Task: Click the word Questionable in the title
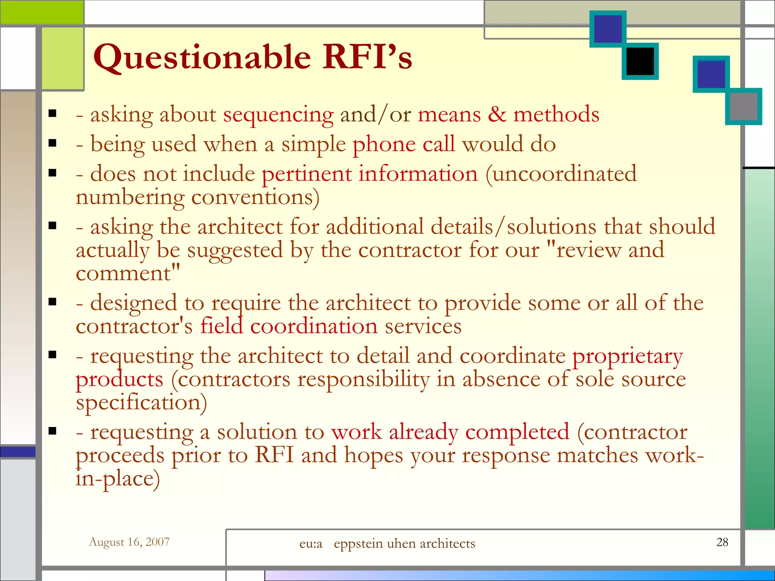202,57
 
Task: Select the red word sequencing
278,115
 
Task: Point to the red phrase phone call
403,144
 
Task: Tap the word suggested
235,250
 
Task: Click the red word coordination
314,326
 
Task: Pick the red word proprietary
627,356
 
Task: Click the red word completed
517,432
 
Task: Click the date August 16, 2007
129,542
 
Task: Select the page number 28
722,542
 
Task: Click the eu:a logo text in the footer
311,544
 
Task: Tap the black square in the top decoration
640,61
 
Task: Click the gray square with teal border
743,106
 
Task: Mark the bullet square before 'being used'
53,143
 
